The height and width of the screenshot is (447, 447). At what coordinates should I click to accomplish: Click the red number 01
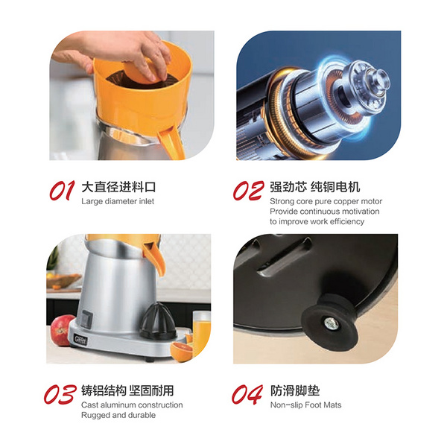pos(62,191)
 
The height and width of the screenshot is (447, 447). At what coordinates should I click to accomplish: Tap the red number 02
pos(248,191)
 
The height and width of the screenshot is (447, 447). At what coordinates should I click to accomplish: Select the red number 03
pos(60,394)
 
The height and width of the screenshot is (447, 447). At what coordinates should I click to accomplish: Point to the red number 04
pos(247,394)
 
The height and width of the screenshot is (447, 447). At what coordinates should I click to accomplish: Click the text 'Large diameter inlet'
pos(118,201)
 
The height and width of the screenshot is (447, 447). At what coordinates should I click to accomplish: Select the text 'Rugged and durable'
pos(118,415)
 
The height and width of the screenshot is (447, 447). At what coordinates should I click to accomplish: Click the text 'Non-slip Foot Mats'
pos(305,405)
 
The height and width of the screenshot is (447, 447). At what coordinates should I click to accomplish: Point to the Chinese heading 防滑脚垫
pos(295,390)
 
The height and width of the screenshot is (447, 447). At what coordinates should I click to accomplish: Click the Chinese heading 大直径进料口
pos(118,187)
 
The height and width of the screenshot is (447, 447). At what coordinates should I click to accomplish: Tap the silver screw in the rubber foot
pos(331,323)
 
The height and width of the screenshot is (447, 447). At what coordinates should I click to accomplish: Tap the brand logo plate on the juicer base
pos(80,340)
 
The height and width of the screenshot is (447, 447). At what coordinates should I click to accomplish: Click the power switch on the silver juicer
pos(86,319)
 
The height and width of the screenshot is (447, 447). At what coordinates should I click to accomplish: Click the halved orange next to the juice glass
pos(182,352)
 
